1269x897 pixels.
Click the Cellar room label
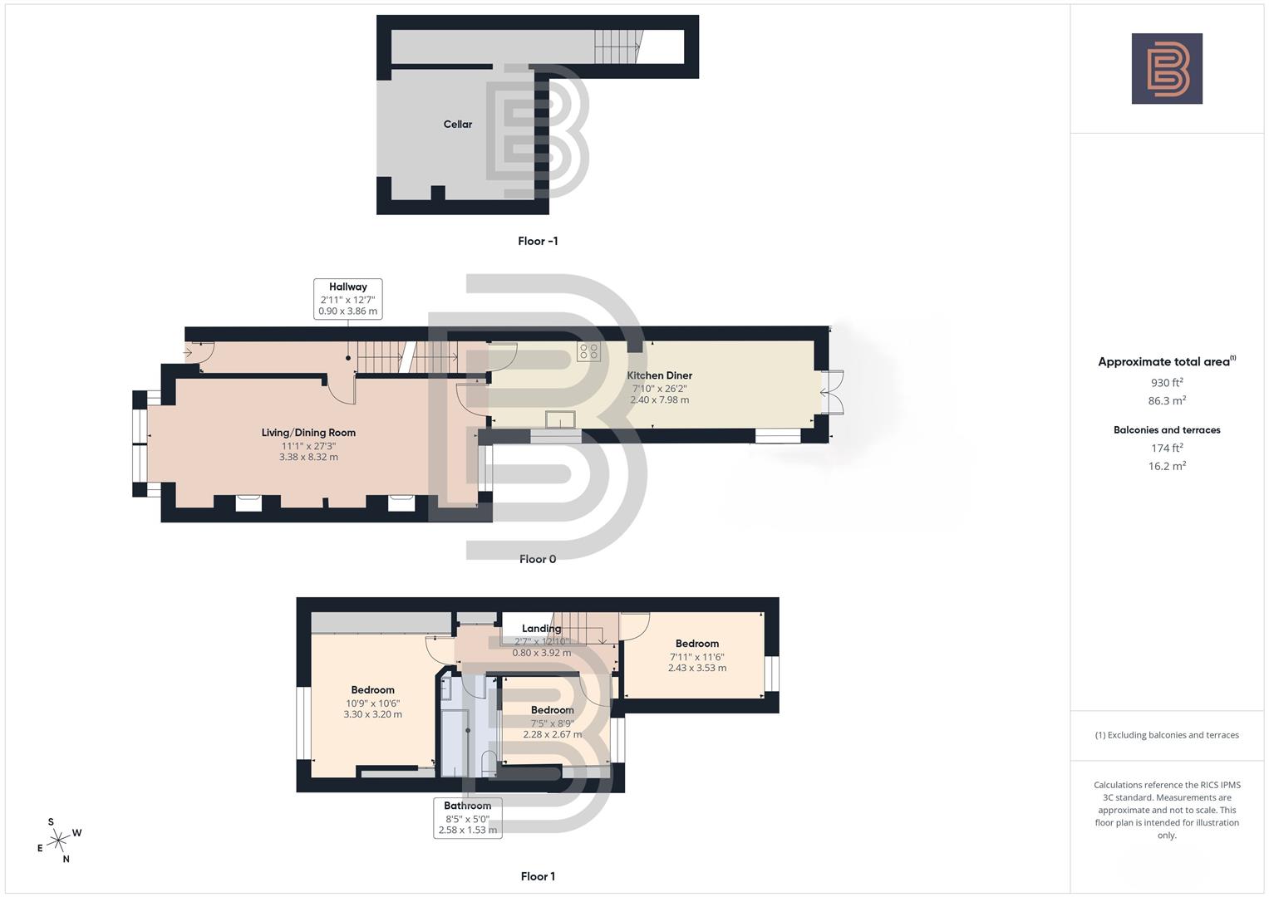457,125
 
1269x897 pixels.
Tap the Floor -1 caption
538,241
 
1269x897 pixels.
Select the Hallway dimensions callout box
347,299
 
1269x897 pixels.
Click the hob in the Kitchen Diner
588,351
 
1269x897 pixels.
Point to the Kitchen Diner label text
659,375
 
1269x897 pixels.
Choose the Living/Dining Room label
308,433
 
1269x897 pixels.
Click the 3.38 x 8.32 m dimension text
308,457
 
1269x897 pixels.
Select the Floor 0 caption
538,559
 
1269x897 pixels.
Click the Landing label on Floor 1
541,629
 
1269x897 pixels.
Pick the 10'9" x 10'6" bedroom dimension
372,703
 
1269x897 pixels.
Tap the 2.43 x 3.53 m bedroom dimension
696,668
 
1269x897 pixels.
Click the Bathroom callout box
468,817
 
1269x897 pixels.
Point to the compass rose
58,841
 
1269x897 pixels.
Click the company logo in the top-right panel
1167,69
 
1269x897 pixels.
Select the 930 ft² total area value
1167,383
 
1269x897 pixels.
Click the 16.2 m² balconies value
1167,466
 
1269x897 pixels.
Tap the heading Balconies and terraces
1167,430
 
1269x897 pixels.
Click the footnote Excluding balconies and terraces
1167,735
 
